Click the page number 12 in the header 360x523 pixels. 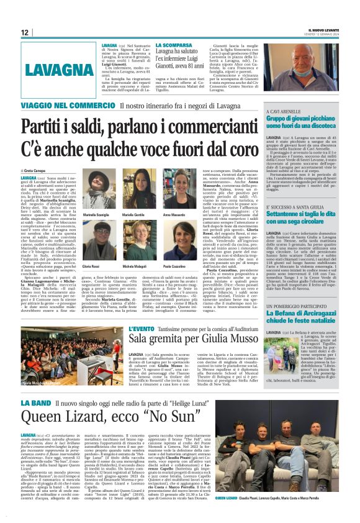point(25,32)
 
